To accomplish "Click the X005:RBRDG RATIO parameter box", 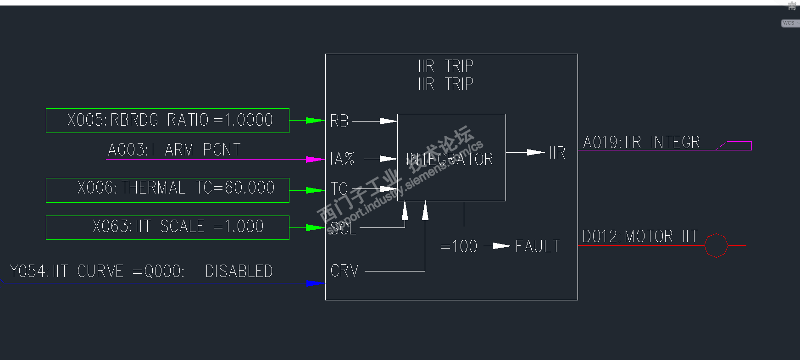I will (167, 121).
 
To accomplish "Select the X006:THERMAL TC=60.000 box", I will (167, 190).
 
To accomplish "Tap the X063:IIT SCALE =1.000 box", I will (167, 227).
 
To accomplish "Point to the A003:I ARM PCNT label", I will (174, 150).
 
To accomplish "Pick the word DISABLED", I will (239, 271).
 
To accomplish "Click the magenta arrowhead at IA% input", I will (316, 160).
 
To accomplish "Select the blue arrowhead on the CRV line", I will (315, 283).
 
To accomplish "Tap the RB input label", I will (339, 121).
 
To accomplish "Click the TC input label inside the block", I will (339, 188).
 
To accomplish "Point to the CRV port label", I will (344, 271).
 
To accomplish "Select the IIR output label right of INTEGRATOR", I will (557, 153).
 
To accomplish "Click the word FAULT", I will (538, 247).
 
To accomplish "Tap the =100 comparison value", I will (459, 247).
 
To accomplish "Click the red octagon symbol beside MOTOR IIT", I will (716, 246).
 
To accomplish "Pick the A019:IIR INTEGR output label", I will (641, 143).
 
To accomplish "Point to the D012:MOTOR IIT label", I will (640, 237).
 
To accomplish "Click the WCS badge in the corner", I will (789, 23).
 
